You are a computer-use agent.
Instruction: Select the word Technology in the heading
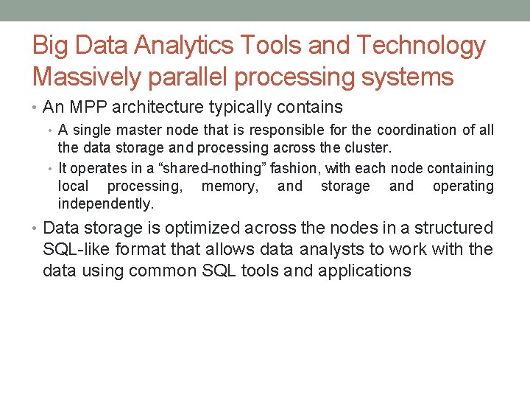point(420,46)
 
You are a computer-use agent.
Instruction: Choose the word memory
point(230,186)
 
